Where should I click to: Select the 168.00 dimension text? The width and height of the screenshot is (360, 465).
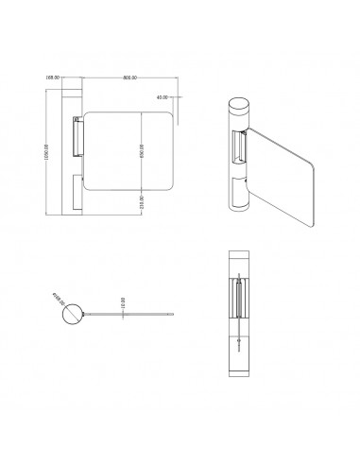tap(54, 78)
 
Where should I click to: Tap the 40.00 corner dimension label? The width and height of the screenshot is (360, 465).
tap(163, 96)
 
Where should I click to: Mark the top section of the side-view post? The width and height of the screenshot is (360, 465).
tap(241, 265)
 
